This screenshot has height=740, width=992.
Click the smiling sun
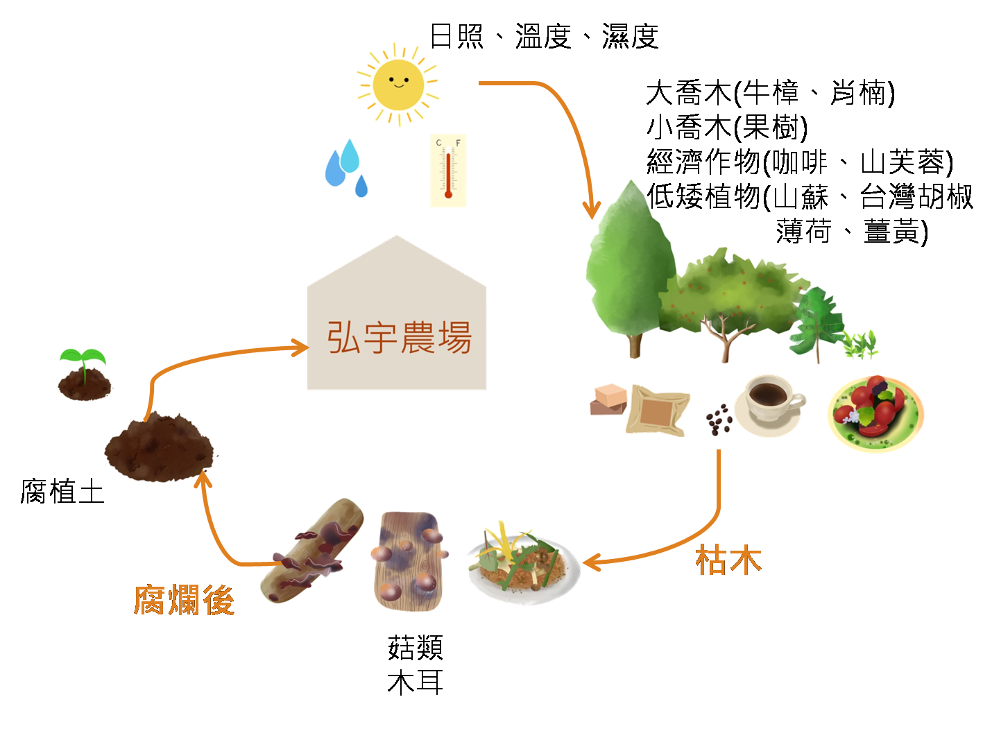398,84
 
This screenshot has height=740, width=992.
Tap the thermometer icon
448,171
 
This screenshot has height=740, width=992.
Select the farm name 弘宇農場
399,338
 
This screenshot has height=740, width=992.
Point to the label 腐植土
62,492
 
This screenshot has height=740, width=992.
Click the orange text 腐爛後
184,600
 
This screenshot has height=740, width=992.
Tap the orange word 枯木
728,560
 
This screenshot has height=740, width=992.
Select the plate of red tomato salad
875,413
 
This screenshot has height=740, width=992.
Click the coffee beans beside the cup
719,419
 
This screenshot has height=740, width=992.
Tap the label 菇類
415,648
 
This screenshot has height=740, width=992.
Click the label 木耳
415,682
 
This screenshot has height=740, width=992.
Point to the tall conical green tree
630,267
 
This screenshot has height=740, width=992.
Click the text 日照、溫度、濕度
544,36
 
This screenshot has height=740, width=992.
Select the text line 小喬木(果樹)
727,127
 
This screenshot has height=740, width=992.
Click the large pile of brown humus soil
158,447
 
